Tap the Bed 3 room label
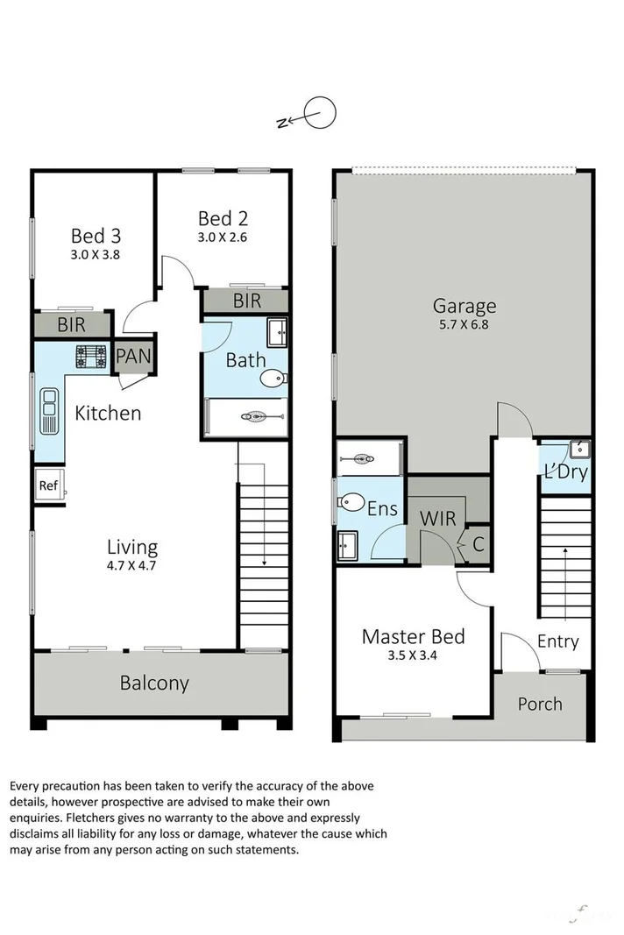[x=96, y=236]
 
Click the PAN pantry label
[x=134, y=358]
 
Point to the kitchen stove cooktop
[x=90, y=356]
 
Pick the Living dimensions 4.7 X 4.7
[x=133, y=566]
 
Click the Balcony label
[x=154, y=683]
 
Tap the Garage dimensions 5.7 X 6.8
[x=464, y=324]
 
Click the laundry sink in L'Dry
[x=579, y=450]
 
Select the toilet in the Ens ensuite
[x=351, y=503]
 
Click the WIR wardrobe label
[x=438, y=518]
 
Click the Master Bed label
[x=413, y=636]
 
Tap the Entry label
[x=557, y=641]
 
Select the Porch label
[x=539, y=704]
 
